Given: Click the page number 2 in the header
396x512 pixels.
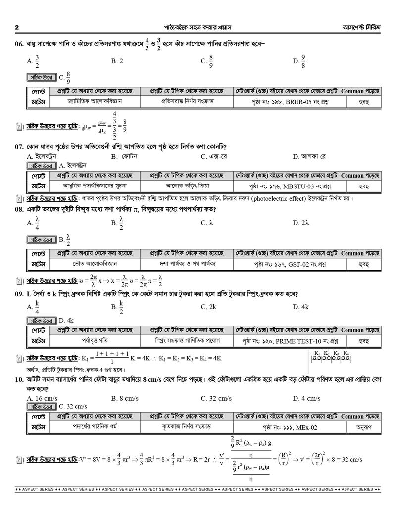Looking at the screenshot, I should pos(17,27).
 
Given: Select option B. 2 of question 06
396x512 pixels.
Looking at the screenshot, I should pos(117,61).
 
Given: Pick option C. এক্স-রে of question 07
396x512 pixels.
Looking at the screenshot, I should pos(214,156).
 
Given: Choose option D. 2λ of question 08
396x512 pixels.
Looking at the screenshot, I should pos(301,223).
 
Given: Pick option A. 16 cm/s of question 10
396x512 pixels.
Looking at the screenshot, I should pos(43,398).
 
